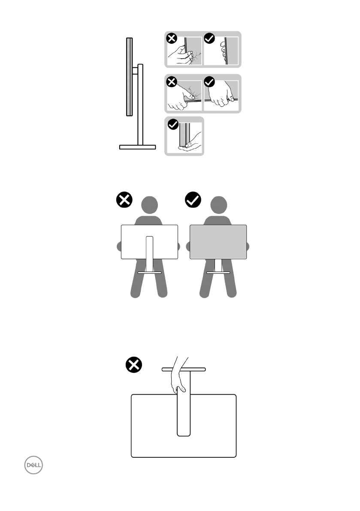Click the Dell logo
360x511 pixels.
[x=33, y=465]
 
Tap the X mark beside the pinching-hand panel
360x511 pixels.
[x=172, y=38]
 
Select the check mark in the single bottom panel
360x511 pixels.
[x=173, y=124]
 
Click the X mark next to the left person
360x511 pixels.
[x=124, y=200]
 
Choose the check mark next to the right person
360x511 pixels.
[x=193, y=200]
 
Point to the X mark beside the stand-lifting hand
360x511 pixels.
[x=134, y=364]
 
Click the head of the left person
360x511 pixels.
[x=150, y=206]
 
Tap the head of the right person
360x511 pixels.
[x=218, y=206]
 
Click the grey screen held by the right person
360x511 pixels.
[x=218, y=242]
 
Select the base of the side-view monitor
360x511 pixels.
[x=137, y=147]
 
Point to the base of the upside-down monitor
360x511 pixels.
[x=184, y=369]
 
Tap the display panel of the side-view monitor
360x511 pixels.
[x=129, y=76]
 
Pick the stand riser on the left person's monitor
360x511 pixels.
[x=150, y=254]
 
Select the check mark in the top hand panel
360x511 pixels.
[x=209, y=38]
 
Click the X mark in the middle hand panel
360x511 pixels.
[x=172, y=82]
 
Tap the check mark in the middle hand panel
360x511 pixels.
[x=209, y=82]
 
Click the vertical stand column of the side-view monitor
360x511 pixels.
[x=140, y=104]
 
